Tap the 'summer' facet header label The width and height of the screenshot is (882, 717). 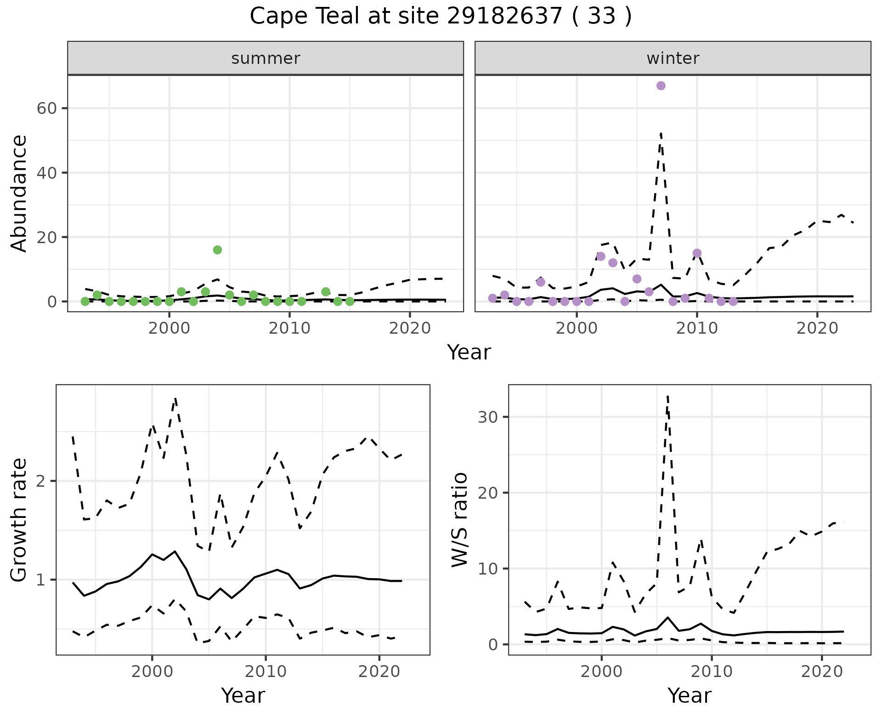(266, 58)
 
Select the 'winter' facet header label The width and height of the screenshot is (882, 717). (673, 58)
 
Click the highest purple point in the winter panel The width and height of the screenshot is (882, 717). (661, 86)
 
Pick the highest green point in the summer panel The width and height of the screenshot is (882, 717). (217, 250)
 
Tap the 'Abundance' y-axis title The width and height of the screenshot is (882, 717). (19, 193)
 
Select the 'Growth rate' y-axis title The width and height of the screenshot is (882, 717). (19, 519)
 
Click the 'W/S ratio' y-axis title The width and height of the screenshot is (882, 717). (459, 519)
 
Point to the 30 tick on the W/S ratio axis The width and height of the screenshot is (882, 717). (488, 417)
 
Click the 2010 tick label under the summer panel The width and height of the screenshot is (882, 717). (289, 328)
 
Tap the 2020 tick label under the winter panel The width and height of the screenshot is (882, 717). (817, 328)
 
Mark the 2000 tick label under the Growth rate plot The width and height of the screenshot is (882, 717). (152, 671)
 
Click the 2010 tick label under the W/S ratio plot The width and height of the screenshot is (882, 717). (712, 671)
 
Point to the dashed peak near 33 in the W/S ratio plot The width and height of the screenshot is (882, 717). (667, 396)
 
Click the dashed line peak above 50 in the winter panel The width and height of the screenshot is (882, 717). (661, 134)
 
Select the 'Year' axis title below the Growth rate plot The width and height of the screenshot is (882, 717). (243, 695)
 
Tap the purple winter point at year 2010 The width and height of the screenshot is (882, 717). (697, 253)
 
